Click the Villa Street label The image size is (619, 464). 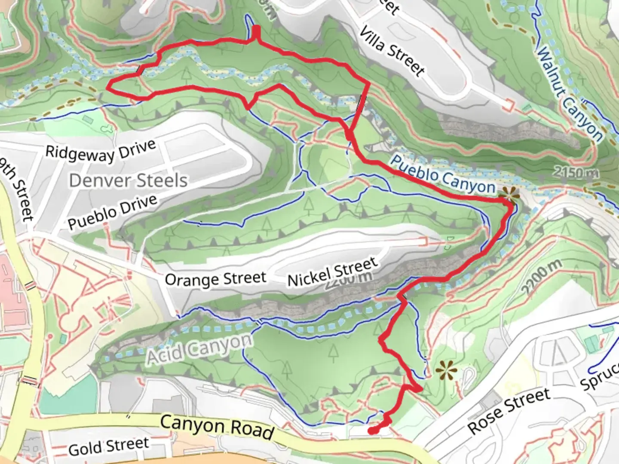(392, 51)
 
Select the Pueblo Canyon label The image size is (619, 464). (443, 174)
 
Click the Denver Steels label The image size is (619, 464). (128, 180)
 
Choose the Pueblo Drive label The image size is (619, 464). (112, 212)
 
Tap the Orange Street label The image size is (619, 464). (215, 279)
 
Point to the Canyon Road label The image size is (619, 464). (217, 426)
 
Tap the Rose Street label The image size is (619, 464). (509, 411)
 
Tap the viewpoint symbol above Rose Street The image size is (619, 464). (446, 369)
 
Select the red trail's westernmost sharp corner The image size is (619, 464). (107, 88)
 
